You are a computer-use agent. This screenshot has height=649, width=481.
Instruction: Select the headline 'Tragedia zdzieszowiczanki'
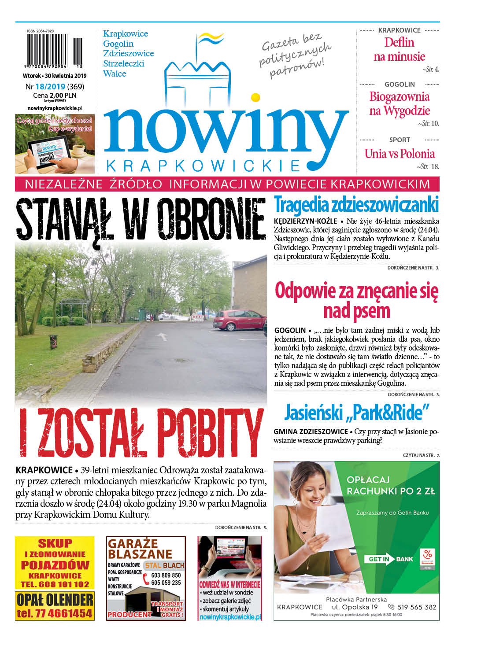pyautogui.click(x=356, y=205)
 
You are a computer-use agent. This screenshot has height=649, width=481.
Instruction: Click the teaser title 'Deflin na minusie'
pyautogui.click(x=399, y=49)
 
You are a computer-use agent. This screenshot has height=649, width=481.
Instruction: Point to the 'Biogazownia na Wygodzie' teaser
pyautogui.click(x=399, y=103)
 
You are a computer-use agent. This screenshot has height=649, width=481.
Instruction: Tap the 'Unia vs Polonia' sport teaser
pyautogui.click(x=399, y=154)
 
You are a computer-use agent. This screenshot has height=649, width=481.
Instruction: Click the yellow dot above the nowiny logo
pyautogui.click(x=255, y=97)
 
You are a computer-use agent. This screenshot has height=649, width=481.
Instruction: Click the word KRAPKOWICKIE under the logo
pyautogui.click(x=203, y=166)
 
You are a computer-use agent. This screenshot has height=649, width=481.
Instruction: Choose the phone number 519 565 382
pyautogui.click(x=416, y=607)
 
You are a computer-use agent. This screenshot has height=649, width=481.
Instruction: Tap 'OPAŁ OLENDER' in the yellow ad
pyautogui.click(x=55, y=599)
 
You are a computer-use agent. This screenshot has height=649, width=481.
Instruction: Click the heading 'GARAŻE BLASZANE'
pyautogui.click(x=140, y=549)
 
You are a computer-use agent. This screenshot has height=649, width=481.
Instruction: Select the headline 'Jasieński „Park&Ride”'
pyautogui.click(x=356, y=413)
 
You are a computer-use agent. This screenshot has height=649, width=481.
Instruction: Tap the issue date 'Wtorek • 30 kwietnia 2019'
pyautogui.click(x=55, y=76)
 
